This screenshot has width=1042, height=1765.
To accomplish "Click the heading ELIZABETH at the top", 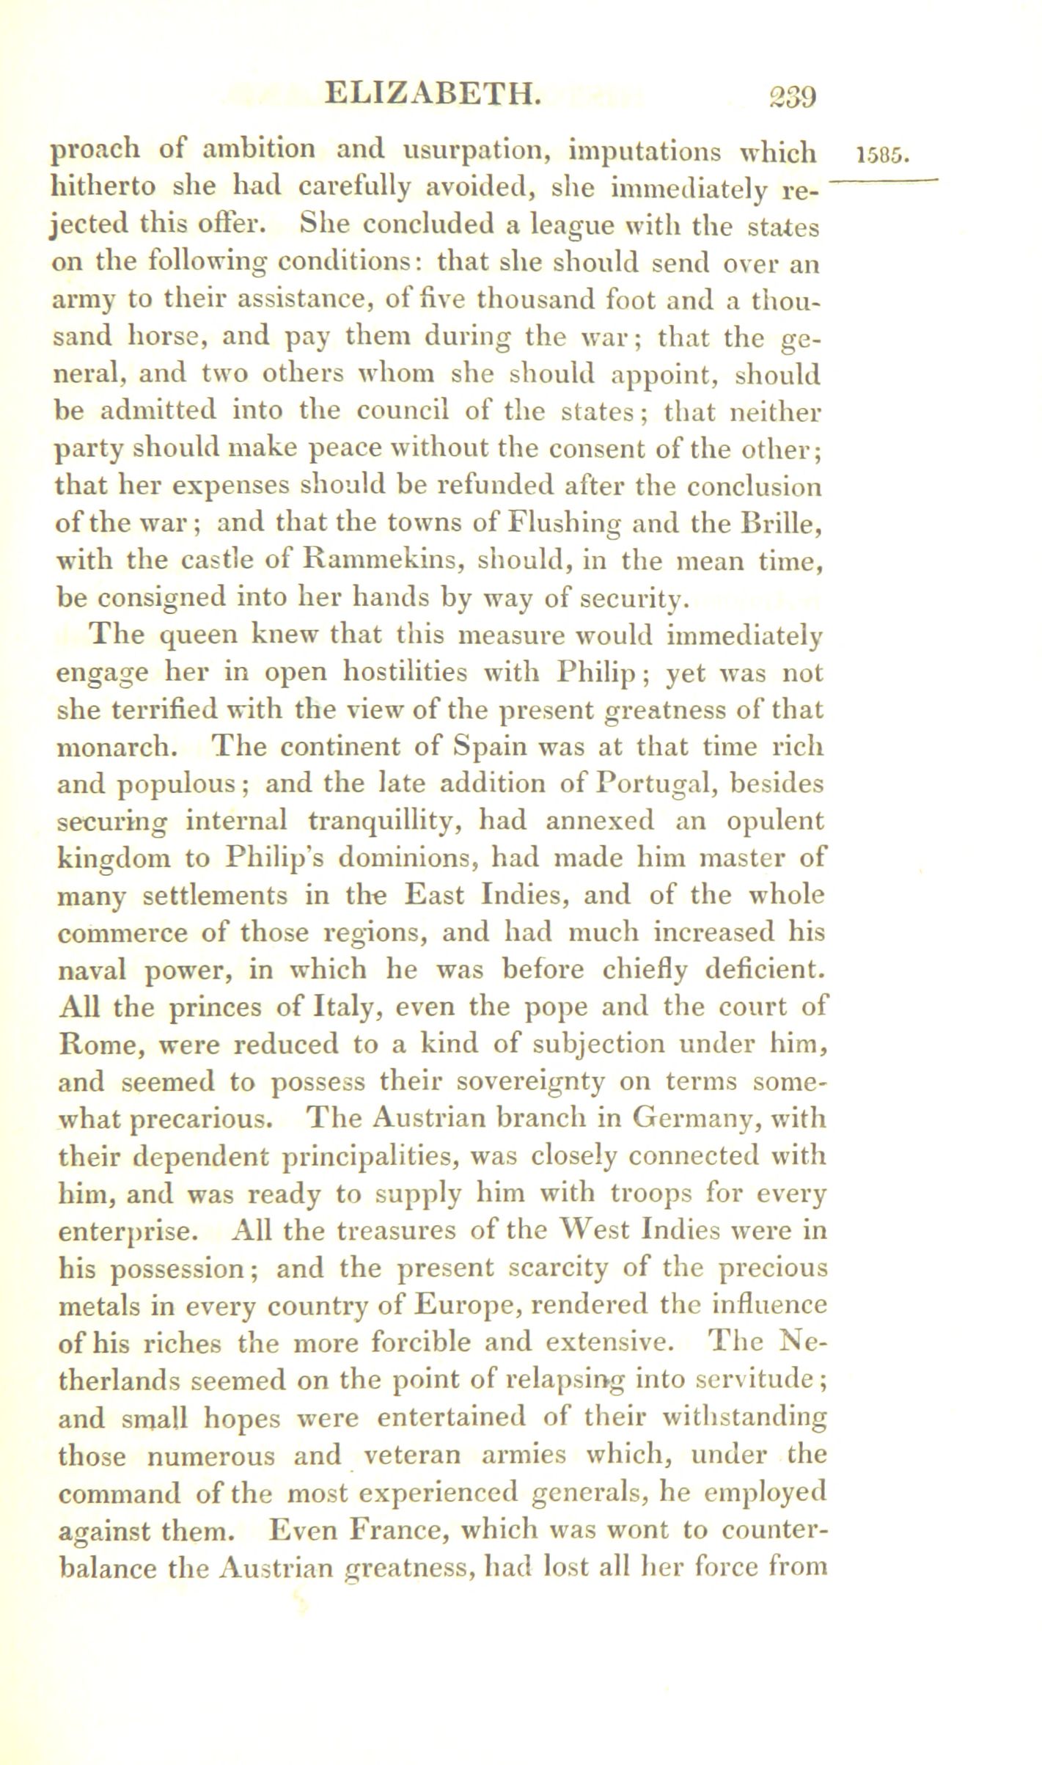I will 435,95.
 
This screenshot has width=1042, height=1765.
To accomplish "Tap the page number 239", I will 780,96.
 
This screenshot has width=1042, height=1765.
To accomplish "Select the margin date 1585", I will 882,155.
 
